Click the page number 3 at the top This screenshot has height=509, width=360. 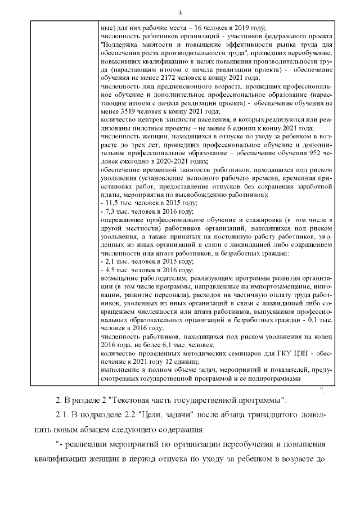point(179,13)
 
